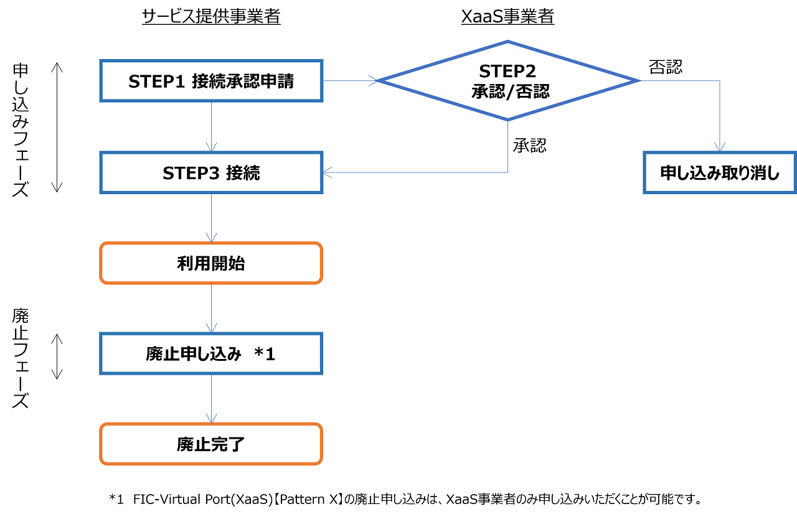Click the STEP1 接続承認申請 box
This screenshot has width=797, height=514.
211,81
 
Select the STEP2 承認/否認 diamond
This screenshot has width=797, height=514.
507,81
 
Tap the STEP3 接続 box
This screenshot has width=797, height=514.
211,173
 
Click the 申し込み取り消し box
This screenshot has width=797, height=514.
720,173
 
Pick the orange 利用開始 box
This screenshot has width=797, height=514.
211,263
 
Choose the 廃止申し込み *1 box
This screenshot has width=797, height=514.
211,354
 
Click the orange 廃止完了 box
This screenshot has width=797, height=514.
211,444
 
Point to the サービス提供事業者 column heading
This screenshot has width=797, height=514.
211,17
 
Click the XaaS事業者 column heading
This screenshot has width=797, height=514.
507,17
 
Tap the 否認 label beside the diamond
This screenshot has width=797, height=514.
666,67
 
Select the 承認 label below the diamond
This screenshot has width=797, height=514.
529,146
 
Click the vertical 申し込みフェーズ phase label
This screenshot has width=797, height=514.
21,129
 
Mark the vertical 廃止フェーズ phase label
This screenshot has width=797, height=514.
21,358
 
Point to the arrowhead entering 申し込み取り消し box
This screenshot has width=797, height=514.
720,147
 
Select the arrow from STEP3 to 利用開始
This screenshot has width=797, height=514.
212,218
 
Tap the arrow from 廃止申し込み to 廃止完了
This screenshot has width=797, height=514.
212,399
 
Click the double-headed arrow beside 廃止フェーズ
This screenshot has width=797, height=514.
57,356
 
